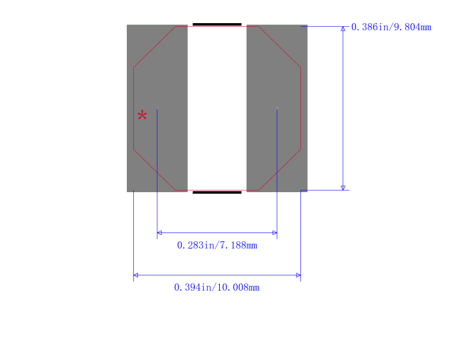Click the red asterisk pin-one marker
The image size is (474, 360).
point(142,115)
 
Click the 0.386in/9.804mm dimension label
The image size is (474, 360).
point(391,27)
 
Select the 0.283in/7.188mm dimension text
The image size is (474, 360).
point(217,246)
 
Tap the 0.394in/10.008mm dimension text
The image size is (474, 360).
point(217,288)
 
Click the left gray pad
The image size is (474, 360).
point(157,109)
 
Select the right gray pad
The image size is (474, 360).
point(277,109)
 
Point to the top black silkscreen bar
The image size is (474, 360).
point(217,24)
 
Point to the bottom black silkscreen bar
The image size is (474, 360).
point(217,192)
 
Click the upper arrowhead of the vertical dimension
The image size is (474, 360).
point(343,28)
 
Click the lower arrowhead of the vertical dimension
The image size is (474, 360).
point(343,188)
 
